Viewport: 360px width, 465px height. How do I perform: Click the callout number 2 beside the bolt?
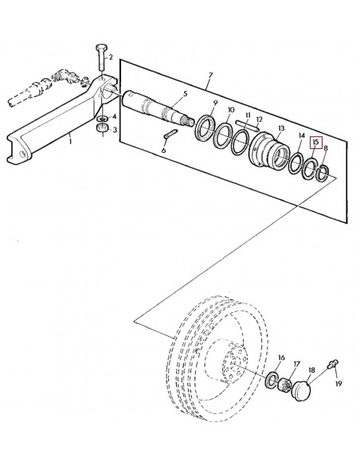coord(111,57)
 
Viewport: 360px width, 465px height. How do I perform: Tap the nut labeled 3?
coord(102,128)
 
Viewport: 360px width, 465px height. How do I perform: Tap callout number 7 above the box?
coord(210,77)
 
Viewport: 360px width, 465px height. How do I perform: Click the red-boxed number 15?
coord(315,143)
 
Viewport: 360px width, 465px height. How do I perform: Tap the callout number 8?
coord(325,149)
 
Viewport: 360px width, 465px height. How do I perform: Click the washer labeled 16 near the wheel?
coord(273,377)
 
